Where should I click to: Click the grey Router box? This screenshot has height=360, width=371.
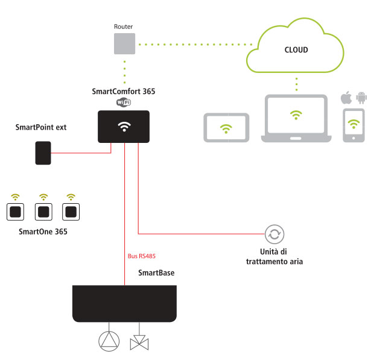pos(124,43)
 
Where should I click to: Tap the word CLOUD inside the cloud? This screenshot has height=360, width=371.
pos(296,50)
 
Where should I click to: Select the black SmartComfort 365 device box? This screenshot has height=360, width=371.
pos(124,127)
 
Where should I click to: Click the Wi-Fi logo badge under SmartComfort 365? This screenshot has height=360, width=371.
pos(124,102)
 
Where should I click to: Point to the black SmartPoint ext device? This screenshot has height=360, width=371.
pos(43,153)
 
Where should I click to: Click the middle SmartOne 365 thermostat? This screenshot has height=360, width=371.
pos(43,212)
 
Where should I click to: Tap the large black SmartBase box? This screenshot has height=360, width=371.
pos(124,303)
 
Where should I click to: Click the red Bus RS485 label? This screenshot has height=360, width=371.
pos(142,256)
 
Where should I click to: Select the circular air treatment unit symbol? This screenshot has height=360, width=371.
pos(274,234)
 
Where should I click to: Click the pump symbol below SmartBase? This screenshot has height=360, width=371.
pos(109,341)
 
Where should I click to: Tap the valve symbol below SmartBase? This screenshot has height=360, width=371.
pos(139,343)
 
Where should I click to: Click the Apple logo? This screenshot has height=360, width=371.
pos(346,98)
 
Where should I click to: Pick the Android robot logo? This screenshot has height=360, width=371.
pos(361,98)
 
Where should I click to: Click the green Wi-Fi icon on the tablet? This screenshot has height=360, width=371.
pos(226,128)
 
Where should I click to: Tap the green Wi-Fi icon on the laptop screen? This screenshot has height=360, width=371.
pos(296,115)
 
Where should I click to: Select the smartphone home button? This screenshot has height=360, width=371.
pos(354,138)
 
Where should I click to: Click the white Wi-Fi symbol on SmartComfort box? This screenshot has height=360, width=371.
pos(124,127)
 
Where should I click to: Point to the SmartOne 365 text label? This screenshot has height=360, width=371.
pos(43,232)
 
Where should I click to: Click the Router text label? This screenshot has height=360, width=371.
pos(123,27)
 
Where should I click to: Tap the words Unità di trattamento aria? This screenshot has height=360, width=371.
pos(274,257)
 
